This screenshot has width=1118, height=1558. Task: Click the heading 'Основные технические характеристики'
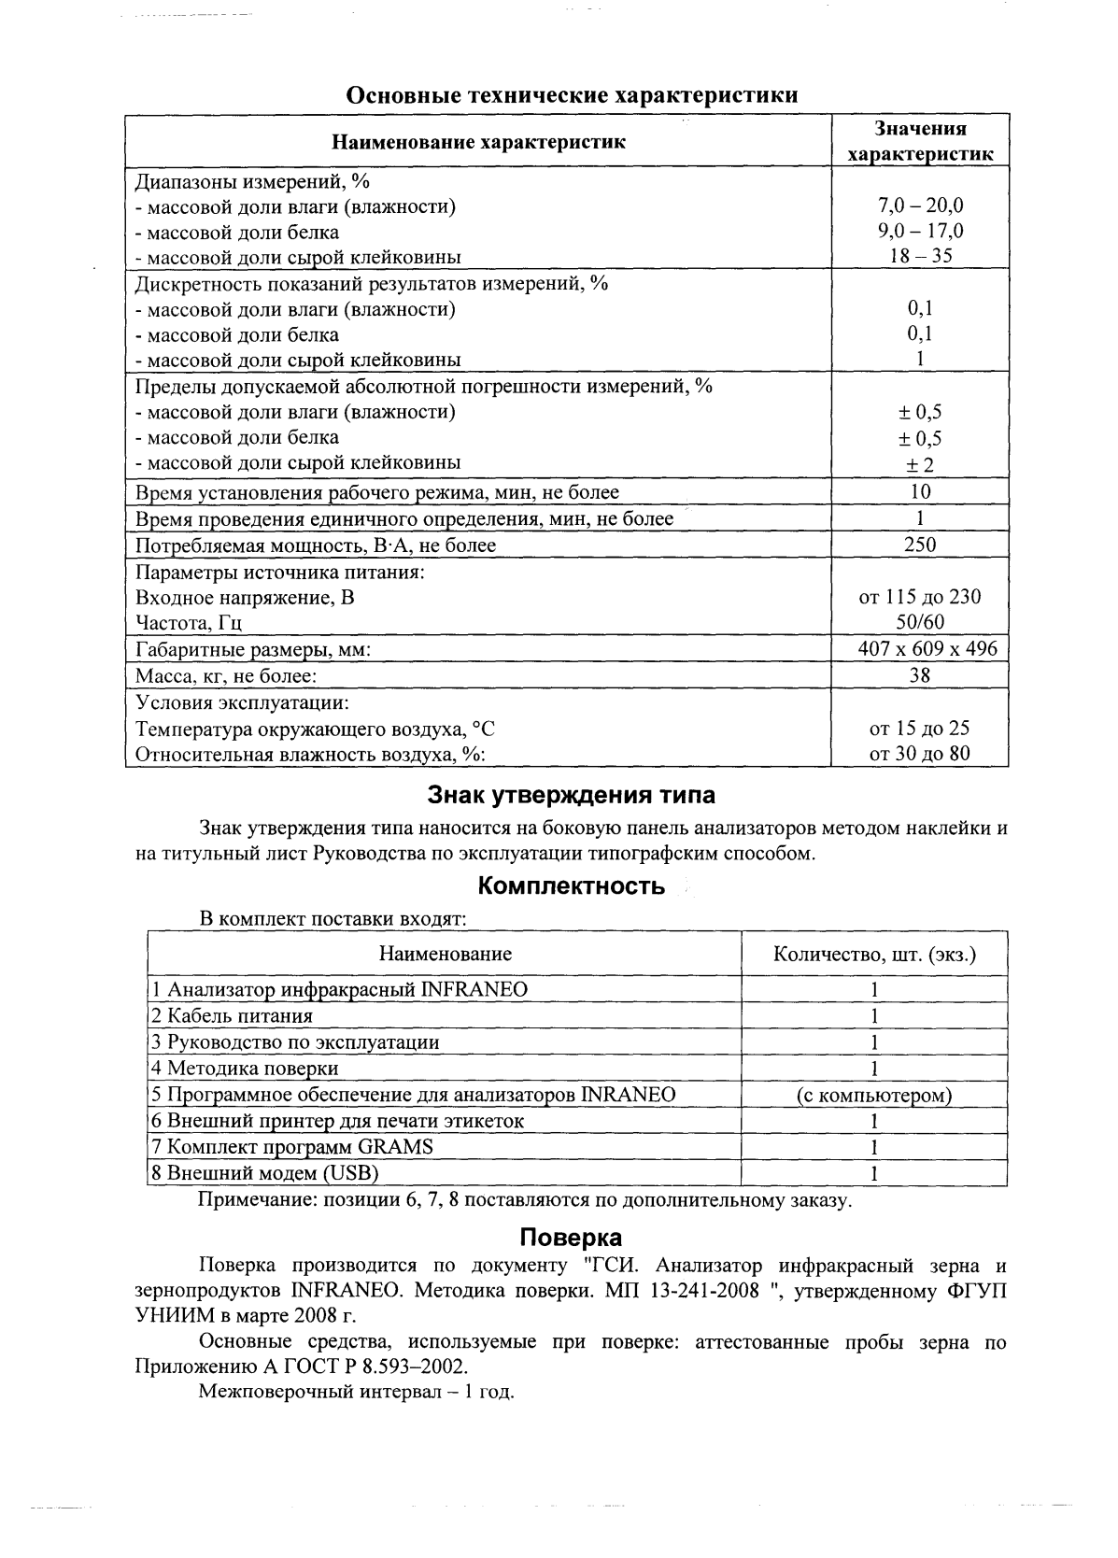coord(573,95)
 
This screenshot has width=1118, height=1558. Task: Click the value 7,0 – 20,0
coord(920,205)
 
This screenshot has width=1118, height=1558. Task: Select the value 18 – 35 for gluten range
coord(920,256)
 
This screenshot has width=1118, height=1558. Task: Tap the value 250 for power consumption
coord(920,545)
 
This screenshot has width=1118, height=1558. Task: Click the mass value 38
coord(920,674)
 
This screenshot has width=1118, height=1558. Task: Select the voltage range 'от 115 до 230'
coord(920,597)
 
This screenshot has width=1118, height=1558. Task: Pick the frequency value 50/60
coord(920,622)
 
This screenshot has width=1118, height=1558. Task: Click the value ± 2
coord(920,464)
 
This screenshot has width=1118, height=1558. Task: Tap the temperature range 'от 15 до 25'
coord(920,728)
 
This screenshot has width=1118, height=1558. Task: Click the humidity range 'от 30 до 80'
coord(920,753)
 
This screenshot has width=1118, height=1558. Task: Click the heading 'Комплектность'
coord(571,885)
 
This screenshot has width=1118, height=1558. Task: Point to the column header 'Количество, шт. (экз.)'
coord(874,954)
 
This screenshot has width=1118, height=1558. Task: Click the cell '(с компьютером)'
coord(874,1095)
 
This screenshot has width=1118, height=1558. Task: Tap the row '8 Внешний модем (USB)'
coord(265,1173)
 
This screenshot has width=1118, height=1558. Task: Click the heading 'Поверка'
coord(571,1238)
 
